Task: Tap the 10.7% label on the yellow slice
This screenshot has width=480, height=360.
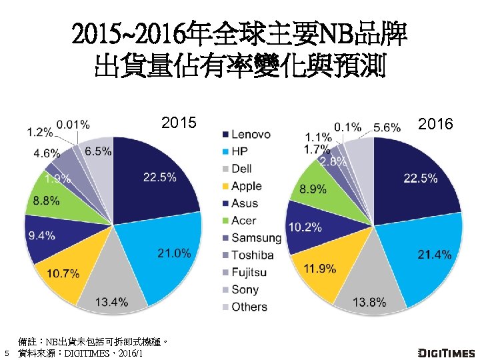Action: pyautogui.click(x=63, y=273)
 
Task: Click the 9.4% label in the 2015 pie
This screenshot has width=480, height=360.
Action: pyautogui.click(x=41, y=235)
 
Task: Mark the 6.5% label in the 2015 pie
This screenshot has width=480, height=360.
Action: pyautogui.click(x=98, y=151)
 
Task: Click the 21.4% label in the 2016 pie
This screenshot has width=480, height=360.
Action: pyautogui.click(x=434, y=255)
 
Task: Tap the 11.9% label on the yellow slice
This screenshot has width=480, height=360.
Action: pyautogui.click(x=319, y=269)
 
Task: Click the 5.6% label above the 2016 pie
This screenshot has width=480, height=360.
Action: pyautogui.click(x=387, y=127)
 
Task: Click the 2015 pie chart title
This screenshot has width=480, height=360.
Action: pyautogui.click(x=179, y=123)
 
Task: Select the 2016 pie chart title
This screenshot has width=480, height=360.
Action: pyautogui.click(x=436, y=124)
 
